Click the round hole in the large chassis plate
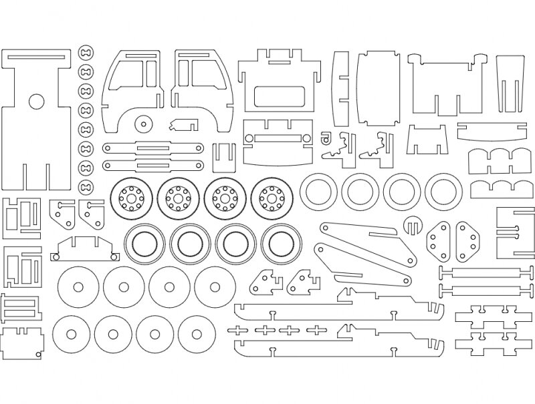coord(35,102)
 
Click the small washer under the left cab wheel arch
coord(141,123)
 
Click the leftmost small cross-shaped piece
coord(239,329)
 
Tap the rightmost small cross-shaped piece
coord(312,329)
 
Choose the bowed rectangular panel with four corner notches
coord(378,86)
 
